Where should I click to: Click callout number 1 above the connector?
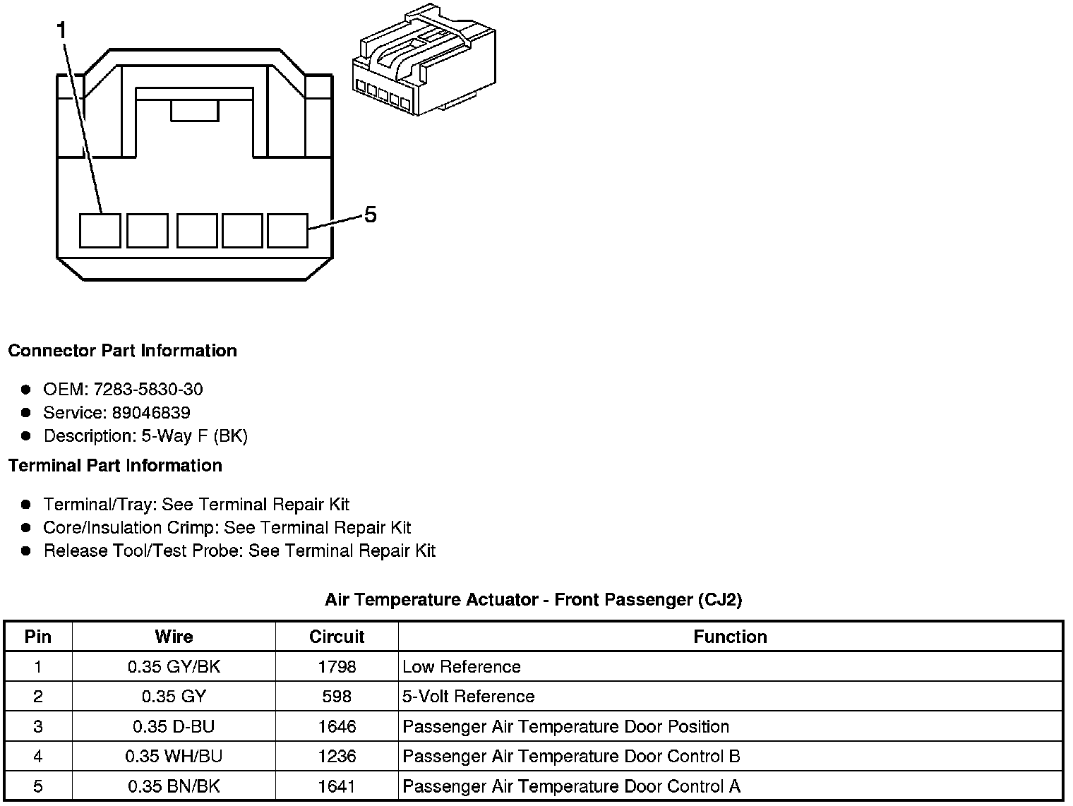click(62, 30)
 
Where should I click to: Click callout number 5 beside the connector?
click(371, 215)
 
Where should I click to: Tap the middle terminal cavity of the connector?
click(197, 231)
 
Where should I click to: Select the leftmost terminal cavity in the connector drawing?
click(100, 231)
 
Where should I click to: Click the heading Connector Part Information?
click(122, 351)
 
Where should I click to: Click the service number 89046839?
click(151, 412)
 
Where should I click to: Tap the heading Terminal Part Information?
click(115, 466)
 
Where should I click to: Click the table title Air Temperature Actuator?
click(533, 600)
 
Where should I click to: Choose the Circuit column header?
click(337, 637)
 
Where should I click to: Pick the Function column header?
click(730, 637)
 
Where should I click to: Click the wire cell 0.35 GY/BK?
click(174, 667)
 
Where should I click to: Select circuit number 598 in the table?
click(337, 697)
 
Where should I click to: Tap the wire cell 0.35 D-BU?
click(174, 727)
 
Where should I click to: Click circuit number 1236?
click(337, 757)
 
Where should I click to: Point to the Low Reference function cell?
click(462, 667)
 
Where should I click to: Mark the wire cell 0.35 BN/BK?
click(174, 786)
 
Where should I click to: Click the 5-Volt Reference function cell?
click(469, 697)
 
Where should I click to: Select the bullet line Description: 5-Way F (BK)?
click(145, 436)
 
